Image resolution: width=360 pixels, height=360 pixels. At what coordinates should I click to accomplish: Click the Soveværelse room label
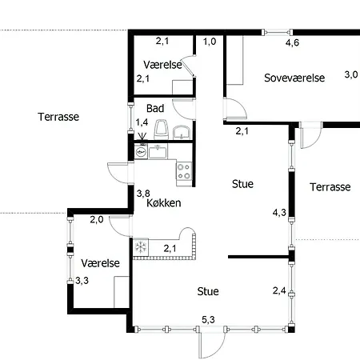pos(294,78)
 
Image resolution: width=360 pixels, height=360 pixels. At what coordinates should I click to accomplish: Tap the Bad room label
pos(155,108)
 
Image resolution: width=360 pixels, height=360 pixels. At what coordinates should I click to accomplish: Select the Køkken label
pos(164,203)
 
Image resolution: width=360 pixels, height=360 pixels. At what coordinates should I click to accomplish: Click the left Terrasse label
pos(58,117)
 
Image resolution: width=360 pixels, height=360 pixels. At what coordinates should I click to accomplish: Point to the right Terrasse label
pos(330,187)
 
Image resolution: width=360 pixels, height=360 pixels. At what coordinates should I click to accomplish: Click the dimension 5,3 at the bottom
pos(208,320)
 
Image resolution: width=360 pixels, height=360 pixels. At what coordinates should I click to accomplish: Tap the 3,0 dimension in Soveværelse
pos(350,75)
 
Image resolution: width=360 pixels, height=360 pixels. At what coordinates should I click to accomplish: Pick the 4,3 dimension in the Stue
pos(279,213)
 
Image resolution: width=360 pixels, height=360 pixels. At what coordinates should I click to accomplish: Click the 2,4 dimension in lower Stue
pos(279,290)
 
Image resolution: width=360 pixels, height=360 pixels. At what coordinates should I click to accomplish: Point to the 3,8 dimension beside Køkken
pos(143,193)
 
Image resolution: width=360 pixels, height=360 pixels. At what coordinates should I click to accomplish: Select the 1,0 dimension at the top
pos(210,42)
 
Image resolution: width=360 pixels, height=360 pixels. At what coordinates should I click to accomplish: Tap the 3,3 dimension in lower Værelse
pos(82,281)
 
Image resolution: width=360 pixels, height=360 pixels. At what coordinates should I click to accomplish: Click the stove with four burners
pos(184,170)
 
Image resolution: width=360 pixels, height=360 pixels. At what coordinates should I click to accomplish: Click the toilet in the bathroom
pos(162,128)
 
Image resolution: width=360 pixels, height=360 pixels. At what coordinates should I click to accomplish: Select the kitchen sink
pos(156,150)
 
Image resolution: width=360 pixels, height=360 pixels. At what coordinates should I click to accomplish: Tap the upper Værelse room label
pos(163,64)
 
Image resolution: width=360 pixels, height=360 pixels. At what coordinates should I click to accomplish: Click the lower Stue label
pos(208,292)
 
